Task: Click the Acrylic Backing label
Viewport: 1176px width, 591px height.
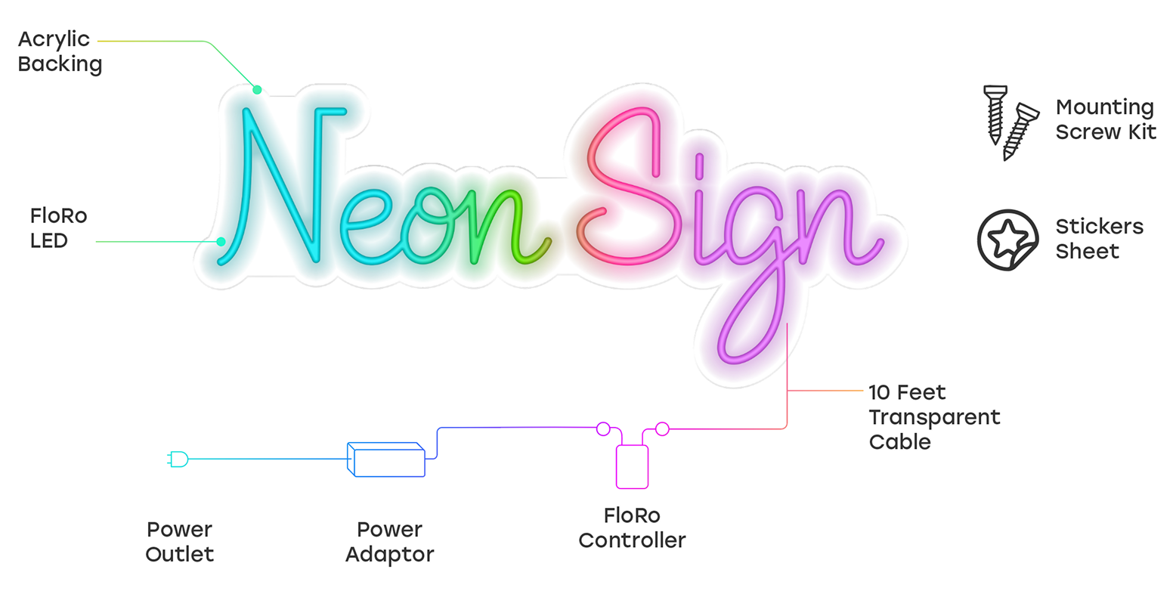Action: coord(60,51)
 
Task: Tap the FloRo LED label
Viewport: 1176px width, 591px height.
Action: coord(59,228)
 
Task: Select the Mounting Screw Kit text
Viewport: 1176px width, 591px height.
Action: coord(1106,119)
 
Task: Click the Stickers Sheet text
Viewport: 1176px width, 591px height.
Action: coord(1099,239)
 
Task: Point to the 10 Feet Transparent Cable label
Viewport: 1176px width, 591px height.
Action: coord(934,417)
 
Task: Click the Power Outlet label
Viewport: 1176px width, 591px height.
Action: coord(180,541)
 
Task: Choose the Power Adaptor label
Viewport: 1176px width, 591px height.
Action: coord(389,541)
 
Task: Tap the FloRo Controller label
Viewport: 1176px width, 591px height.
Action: coord(632,528)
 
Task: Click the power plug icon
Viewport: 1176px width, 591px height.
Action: coord(178,459)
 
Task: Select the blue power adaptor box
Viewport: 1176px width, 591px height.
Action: coord(385,459)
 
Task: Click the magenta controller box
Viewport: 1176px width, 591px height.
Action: coord(632,467)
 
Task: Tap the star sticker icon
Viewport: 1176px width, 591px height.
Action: coord(1007,240)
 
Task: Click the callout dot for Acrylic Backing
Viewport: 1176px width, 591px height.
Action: coord(257,90)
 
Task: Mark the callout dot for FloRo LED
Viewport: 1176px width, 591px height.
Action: coord(221,242)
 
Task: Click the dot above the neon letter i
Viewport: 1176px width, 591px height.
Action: coord(699,166)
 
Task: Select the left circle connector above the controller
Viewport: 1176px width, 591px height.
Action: coord(603,429)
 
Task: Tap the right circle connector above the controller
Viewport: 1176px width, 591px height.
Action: coord(662,429)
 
